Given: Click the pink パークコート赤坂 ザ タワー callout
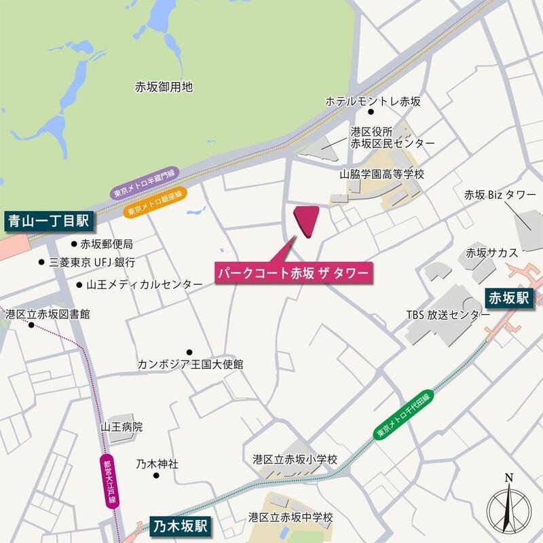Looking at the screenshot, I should pyautogui.click(x=293, y=273).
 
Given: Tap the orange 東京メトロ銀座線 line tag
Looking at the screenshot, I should pyautogui.click(x=155, y=203).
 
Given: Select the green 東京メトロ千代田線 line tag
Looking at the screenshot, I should pyautogui.click(x=403, y=416).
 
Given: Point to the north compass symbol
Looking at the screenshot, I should pyautogui.click(x=509, y=506).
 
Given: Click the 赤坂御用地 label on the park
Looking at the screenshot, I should pyautogui.click(x=164, y=87).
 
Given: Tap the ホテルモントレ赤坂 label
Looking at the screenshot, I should pyautogui.click(x=373, y=102).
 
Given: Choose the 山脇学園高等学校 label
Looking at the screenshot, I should pyautogui.click(x=381, y=174).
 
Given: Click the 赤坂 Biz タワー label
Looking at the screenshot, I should pyautogui.click(x=500, y=195).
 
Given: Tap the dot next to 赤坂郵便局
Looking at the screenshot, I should pyautogui.click(x=74, y=244).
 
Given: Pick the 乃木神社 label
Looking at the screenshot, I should pyautogui.click(x=157, y=464).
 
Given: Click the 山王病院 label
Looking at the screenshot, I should pyautogui.click(x=122, y=428).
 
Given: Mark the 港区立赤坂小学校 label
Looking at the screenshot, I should pyautogui.click(x=295, y=460).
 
